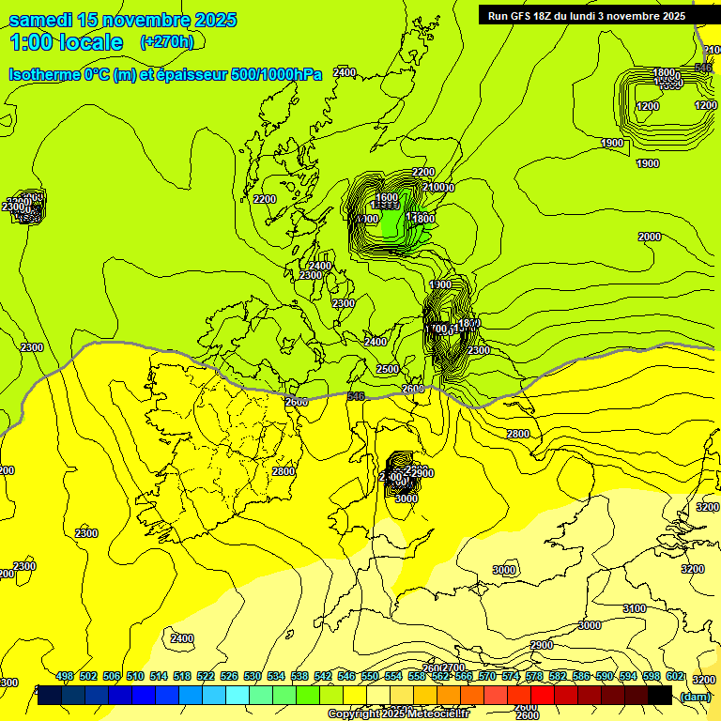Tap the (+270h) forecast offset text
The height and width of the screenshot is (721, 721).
tap(167, 41)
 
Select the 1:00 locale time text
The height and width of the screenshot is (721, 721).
tap(66, 42)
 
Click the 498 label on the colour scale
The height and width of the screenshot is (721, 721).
tap(65, 677)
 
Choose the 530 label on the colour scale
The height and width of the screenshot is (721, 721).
tap(253, 677)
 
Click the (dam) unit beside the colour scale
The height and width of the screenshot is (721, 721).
tap(695, 697)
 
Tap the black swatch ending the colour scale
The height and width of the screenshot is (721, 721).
tap(660, 696)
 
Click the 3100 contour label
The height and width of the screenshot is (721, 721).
tap(635, 608)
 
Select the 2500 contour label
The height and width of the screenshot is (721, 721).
tap(387, 369)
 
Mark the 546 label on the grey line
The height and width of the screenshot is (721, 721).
tap(356, 397)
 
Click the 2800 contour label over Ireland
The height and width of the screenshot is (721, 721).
tap(283, 471)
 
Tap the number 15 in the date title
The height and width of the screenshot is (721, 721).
tap(88, 20)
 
